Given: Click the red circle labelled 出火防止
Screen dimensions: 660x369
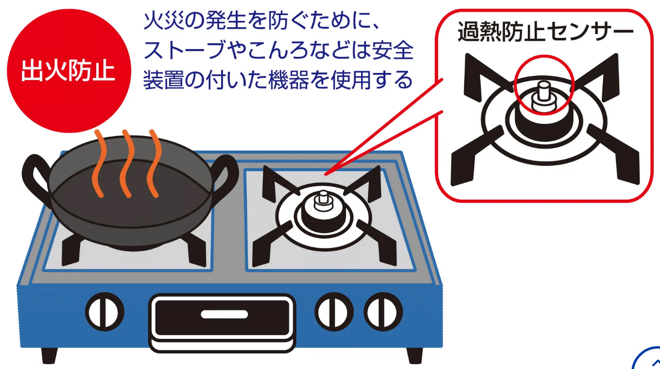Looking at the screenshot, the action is pyautogui.click(x=69, y=70).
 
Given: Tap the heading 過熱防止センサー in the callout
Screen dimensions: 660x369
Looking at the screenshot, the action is pyautogui.click(x=545, y=32).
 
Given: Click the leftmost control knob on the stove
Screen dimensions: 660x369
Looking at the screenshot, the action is pyautogui.click(x=104, y=312).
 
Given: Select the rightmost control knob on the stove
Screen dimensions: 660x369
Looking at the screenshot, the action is pyautogui.click(x=383, y=312).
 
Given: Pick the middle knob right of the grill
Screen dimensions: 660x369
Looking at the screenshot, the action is pyautogui.click(x=334, y=312).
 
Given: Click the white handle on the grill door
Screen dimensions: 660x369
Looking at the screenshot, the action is pyautogui.click(x=224, y=314).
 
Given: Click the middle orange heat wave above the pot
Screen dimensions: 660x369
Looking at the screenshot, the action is pyautogui.click(x=127, y=163).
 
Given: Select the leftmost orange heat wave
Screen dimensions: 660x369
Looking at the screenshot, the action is pyautogui.click(x=100, y=163).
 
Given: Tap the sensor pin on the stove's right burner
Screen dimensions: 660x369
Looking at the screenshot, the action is pyautogui.click(x=323, y=200).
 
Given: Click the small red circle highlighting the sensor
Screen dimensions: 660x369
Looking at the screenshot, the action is pyautogui.click(x=544, y=85).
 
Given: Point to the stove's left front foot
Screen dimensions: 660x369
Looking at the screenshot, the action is pyautogui.click(x=49, y=356).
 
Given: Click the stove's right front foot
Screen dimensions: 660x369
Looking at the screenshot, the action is pyautogui.click(x=415, y=356).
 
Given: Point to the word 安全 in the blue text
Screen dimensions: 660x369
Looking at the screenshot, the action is pyautogui.click(x=393, y=50).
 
